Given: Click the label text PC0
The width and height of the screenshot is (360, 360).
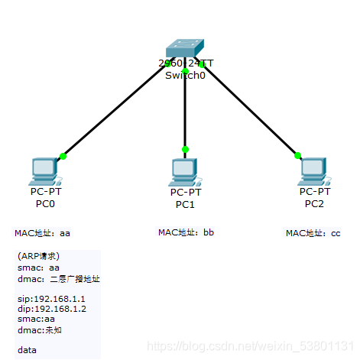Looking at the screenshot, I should (45, 204).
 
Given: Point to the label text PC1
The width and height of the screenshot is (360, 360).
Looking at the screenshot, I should (185, 205).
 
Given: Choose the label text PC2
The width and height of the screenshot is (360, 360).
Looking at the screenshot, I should (314, 203).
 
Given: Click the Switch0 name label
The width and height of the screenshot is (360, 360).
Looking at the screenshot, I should (183, 76).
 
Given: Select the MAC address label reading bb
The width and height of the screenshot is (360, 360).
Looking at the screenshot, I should (186, 232).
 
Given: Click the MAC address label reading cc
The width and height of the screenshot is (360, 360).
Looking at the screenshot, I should (313, 233).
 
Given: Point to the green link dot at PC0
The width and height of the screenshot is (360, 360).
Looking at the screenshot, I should (63, 156).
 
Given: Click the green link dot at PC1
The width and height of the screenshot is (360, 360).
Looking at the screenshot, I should (185, 149).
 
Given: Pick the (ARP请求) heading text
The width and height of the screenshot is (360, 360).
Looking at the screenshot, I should (38, 256).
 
